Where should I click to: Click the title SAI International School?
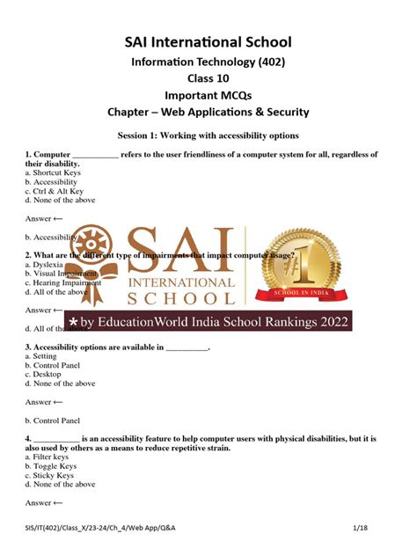coord(208,41)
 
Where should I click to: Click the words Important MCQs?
coord(208,95)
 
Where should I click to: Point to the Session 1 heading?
coord(208,135)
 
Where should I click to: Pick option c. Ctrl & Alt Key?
coord(55,191)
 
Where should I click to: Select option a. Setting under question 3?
coord(45,356)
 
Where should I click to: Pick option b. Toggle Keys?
coord(49,466)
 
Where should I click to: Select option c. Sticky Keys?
coord(49,475)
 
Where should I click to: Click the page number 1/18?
coord(384,527)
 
